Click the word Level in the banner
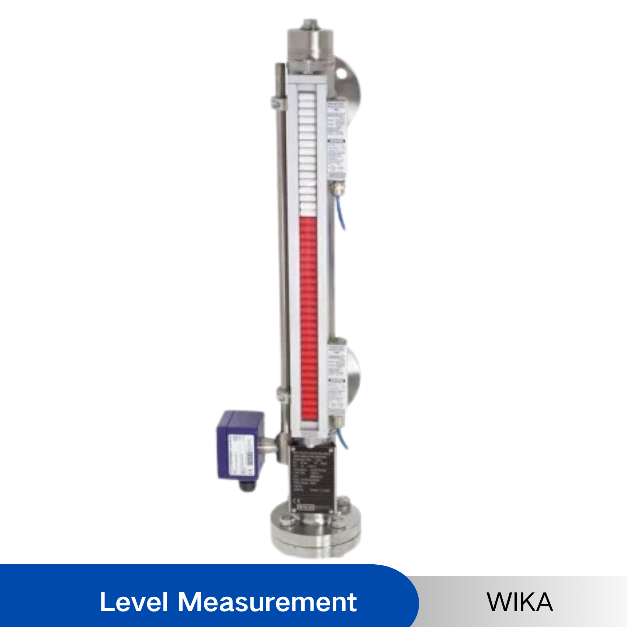point(134,602)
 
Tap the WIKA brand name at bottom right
point(520,602)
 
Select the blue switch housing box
point(240,446)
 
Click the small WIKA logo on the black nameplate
point(305,508)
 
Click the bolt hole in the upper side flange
point(341,73)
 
